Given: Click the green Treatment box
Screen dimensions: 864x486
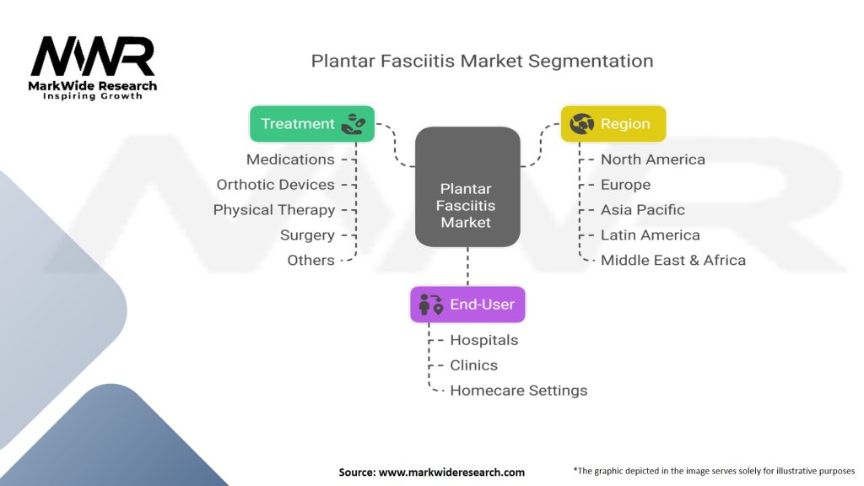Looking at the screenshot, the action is (312, 124).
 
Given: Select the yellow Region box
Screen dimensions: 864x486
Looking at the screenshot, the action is (613, 124).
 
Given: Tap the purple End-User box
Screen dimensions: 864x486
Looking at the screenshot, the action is (467, 304).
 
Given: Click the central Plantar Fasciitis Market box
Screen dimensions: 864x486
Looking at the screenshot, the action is (467, 186).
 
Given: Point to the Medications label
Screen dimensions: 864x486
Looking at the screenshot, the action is (290, 159).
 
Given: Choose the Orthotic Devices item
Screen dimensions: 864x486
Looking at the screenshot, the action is (276, 185).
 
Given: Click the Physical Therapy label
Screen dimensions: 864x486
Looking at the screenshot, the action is (274, 210).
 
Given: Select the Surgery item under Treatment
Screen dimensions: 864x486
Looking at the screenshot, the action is (307, 235).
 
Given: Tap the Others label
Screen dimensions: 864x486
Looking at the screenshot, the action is (310, 260).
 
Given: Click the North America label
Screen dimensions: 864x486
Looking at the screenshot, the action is (653, 159).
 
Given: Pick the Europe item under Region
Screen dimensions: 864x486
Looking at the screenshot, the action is (625, 185).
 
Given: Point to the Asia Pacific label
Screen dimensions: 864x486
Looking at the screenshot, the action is (642, 210).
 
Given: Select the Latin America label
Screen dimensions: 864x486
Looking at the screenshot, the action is (651, 235).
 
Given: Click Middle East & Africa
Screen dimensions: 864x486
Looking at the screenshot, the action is (673, 260).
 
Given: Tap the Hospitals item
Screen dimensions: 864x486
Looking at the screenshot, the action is (484, 340).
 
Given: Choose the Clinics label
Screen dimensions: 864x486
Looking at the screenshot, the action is (474, 365).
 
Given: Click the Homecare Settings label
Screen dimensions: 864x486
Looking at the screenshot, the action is (519, 391).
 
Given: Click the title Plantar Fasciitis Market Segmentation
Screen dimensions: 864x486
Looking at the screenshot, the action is (482, 61).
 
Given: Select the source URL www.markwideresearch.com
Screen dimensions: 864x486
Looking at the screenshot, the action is (452, 472).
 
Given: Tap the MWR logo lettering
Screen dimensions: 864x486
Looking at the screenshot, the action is (93, 57).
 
